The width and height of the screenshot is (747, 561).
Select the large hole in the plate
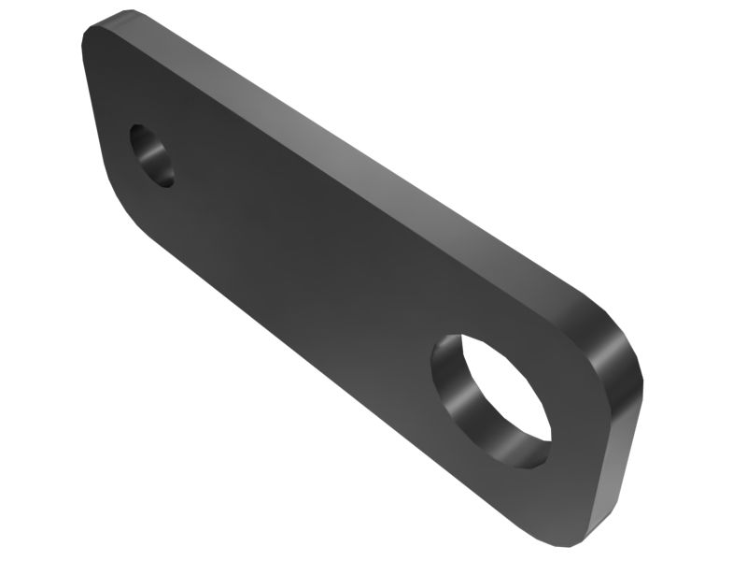pos(490,397)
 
